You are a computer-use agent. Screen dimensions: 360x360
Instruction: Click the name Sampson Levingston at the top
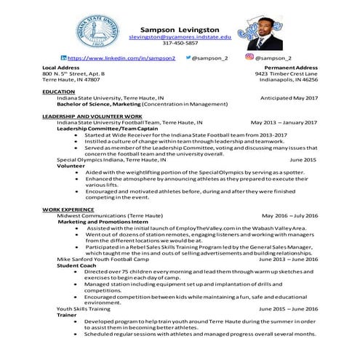pyautogui.click(x=180, y=26)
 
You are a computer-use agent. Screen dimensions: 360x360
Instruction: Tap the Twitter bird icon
pyautogui.click(x=191, y=57)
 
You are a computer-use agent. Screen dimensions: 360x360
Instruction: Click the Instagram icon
pyautogui.click(x=249, y=57)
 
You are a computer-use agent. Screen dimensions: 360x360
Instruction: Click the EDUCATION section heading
pyautogui.click(x=59, y=92)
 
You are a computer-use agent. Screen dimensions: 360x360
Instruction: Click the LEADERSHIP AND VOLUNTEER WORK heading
pyautogui.click(x=92, y=116)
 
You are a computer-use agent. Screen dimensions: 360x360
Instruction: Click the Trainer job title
pyautogui.click(x=68, y=315)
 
